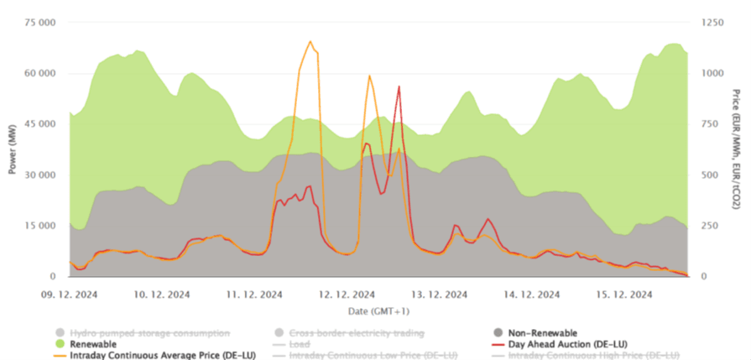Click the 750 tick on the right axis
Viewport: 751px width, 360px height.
click(x=708, y=123)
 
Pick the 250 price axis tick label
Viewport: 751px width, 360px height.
click(x=708, y=225)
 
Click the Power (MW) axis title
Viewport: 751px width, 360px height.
click(x=13, y=150)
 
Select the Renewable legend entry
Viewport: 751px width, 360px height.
click(x=92, y=344)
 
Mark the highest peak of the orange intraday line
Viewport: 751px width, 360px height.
click(x=310, y=41)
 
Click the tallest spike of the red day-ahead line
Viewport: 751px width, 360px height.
click(x=399, y=86)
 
